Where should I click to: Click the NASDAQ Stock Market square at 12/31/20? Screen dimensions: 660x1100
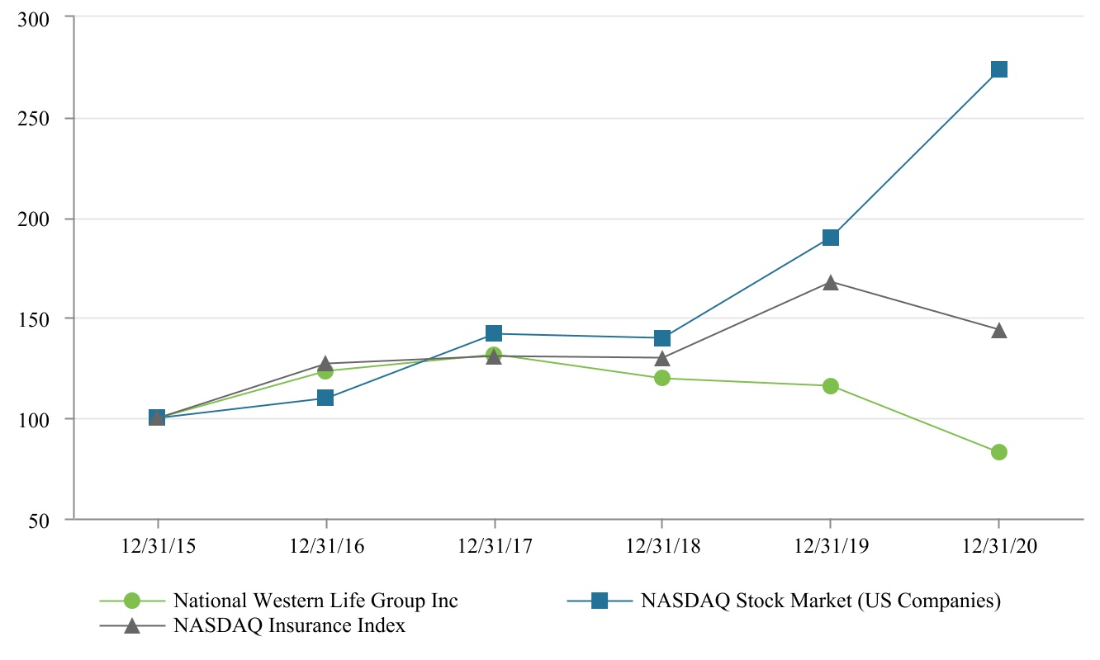998,69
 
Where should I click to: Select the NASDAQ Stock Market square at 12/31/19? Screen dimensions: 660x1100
831,238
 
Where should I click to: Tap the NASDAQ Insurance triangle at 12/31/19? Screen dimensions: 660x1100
831,283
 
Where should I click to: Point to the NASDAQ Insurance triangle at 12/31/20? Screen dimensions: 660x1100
998,331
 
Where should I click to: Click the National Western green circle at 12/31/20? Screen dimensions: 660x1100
998,452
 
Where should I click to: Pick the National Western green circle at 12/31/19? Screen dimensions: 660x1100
831,386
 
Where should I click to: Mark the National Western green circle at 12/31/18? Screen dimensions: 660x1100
662,378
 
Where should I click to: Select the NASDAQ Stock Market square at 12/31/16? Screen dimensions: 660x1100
325,398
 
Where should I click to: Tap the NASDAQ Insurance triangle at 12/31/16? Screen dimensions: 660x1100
325,363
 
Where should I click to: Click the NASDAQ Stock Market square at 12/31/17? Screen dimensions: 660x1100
494,333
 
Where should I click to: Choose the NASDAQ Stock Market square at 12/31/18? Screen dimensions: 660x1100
662,338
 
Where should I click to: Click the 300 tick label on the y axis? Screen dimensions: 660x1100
34,18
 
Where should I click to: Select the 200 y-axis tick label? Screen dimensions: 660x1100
34,219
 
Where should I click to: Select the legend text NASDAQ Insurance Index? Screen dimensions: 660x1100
289,625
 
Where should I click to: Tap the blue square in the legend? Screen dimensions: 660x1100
599,601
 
